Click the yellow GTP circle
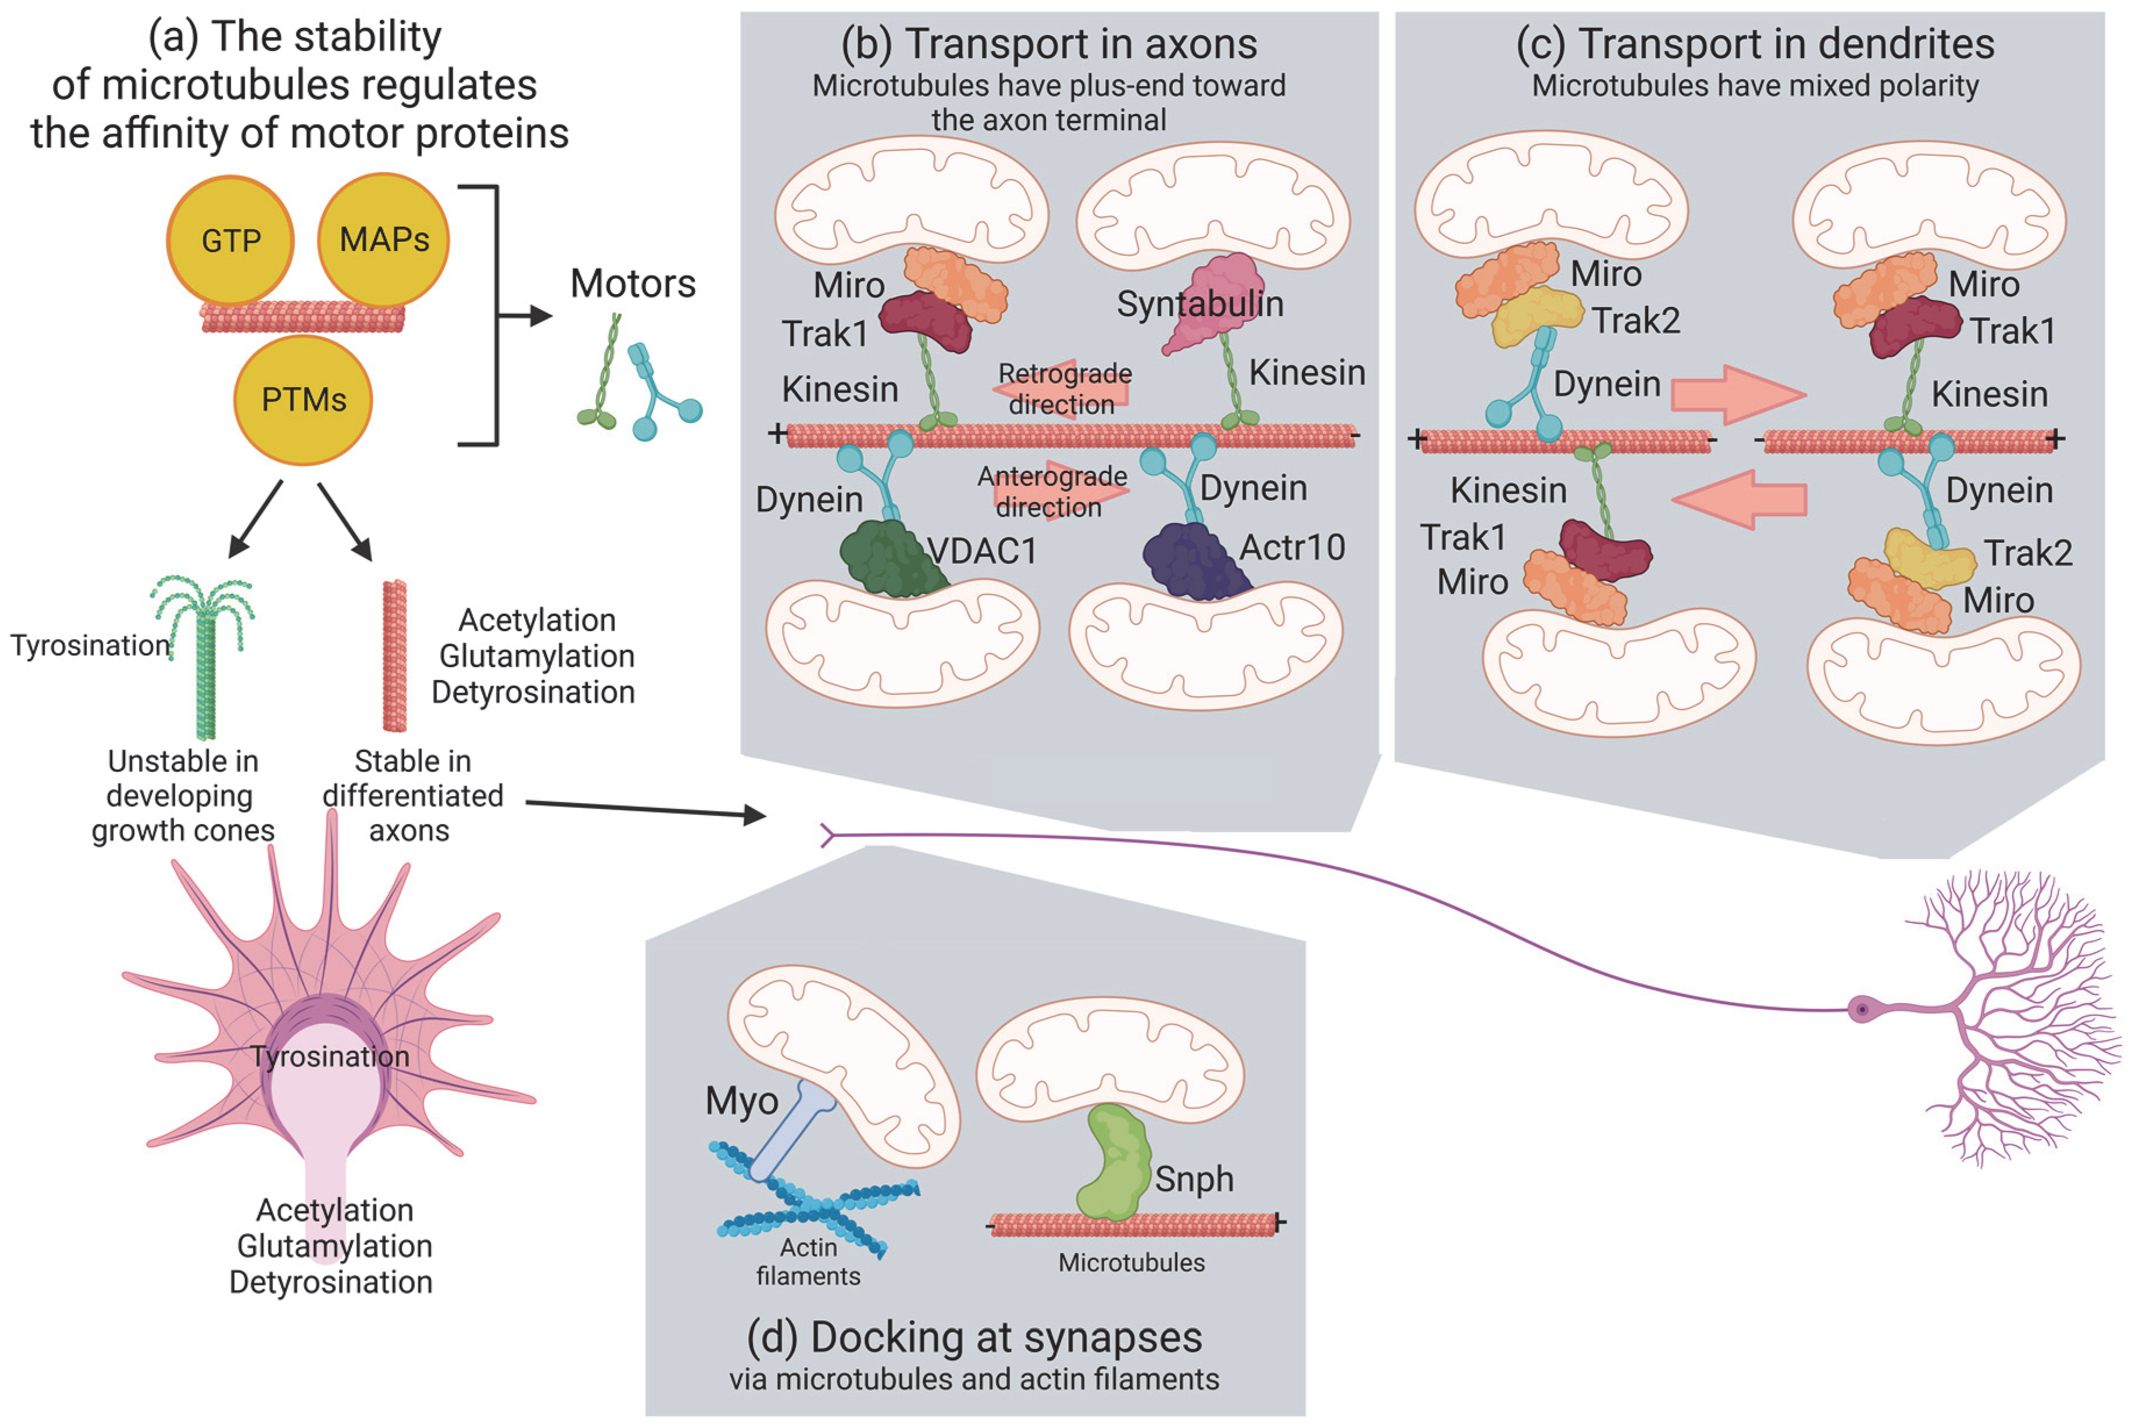230,240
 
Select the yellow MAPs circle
383,240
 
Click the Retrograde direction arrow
1062,389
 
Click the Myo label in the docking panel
741,1101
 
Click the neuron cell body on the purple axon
1863,1009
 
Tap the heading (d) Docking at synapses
974,1337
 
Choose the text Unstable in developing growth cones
182,796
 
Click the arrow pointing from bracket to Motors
527,317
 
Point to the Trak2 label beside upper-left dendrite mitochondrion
1635,321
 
